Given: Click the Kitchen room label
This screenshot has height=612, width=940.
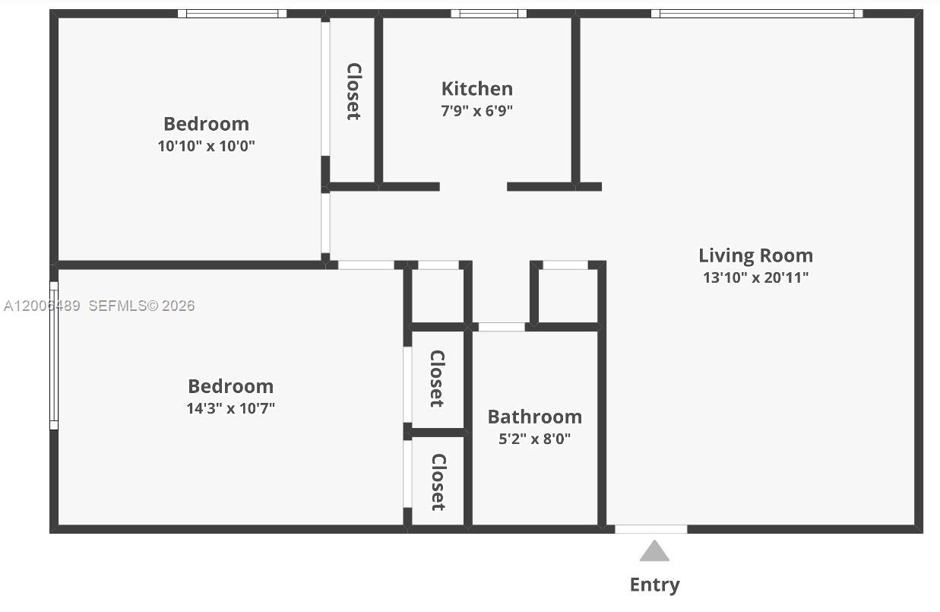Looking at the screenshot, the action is pos(477,88).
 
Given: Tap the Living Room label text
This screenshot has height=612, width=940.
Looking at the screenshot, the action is pos(756,255).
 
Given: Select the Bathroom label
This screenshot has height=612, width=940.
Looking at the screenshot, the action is pos(535,417).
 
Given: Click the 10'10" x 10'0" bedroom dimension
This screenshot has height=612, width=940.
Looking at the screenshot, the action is pos(206,146).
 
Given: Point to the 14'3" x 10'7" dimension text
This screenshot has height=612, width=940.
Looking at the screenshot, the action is pos(231,408).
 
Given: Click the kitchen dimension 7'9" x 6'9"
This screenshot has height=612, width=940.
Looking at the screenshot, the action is pos(476,111).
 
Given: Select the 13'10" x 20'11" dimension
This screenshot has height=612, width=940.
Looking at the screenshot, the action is pos(756,277).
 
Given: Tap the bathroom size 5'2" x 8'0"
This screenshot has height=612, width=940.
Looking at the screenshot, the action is pos(535,439).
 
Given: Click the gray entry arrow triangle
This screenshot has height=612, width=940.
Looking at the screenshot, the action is pos(654,551).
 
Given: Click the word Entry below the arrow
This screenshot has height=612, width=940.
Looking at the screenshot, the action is pos(654,585).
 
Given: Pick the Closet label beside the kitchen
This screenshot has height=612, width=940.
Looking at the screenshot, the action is pos(354,91).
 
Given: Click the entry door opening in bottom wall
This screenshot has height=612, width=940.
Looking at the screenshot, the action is pos(651,529).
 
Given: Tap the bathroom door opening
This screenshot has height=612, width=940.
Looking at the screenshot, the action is pos(502,327).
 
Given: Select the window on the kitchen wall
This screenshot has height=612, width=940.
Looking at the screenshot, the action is pos(489,14).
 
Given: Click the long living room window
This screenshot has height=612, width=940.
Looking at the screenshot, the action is pos(757,14).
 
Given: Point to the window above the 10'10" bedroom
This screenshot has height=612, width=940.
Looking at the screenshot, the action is pos(232,14).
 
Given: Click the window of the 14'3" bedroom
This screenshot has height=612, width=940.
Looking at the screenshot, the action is pos(54,356).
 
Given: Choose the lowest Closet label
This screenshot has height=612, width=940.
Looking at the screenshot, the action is pos(438,482).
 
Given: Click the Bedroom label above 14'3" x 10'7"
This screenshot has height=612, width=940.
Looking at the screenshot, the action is pos(231,386).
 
